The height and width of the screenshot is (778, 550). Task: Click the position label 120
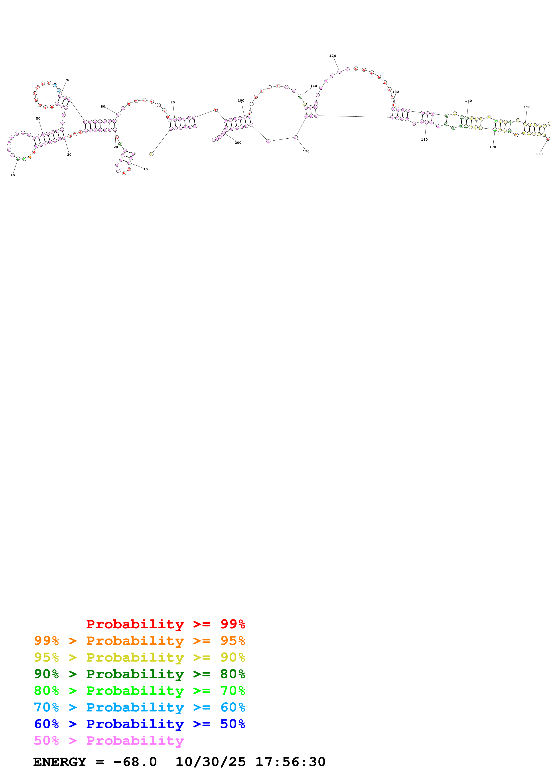point(332,56)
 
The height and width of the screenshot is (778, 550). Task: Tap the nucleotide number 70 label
point(67,80)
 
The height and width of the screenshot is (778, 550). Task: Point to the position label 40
point(13,175)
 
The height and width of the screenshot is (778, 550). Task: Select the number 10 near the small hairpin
point(145,169)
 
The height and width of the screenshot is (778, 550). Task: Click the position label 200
point(238,143)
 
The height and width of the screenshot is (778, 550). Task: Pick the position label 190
point(306,151)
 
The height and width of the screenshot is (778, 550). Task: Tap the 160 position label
point(539,154)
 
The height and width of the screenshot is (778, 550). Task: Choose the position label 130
point(395,92)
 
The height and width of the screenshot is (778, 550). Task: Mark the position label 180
point(424,139)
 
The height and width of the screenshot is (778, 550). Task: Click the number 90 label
point(172,102)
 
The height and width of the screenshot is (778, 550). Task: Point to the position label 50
point(38,119)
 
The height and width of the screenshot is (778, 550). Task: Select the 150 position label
point(527,107)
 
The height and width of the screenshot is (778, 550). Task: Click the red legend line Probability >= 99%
point(165,624)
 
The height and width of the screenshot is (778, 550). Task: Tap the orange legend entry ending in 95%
point(139,641)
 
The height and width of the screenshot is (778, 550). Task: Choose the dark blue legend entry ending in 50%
point(139,724)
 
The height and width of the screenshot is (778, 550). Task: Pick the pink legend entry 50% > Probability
point(109,741)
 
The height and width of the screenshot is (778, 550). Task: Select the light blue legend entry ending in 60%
point(139,707)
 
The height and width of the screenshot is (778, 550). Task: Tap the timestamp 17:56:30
point(290,762)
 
